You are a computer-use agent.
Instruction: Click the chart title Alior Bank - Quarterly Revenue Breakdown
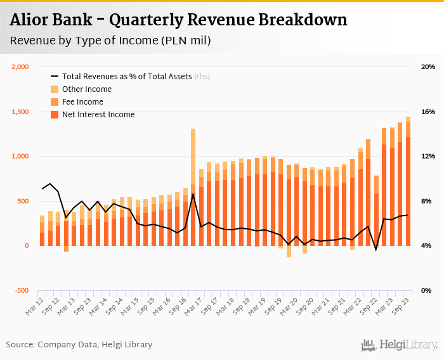178,20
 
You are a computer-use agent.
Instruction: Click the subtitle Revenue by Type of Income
110,41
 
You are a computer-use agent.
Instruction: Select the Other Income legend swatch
55,89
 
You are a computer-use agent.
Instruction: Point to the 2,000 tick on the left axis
21,67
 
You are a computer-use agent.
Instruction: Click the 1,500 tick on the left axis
21,112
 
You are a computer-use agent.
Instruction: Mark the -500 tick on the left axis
22,290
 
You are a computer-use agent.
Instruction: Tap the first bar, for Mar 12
42,231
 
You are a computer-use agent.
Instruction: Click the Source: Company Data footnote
79,345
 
